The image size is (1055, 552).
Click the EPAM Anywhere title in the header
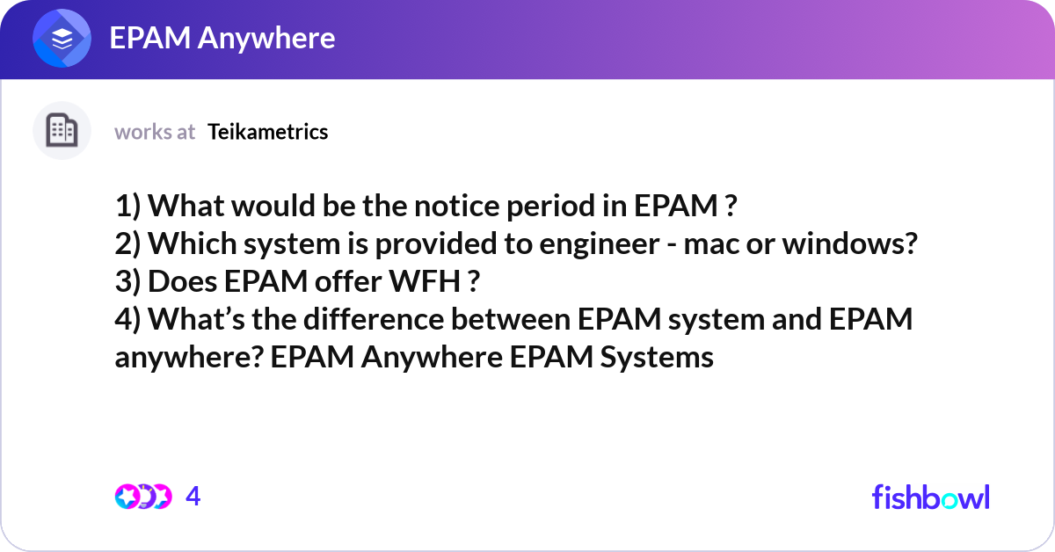point(222,39)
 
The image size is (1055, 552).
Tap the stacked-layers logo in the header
point(62,40)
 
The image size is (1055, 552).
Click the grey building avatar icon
point(62,131)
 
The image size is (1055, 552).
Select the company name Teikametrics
point(268,132)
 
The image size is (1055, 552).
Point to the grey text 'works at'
point(155,132)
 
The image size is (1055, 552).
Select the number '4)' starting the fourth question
point(128,320)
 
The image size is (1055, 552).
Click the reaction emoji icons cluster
point(142,497)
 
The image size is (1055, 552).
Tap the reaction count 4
point(193,497)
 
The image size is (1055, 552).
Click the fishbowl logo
point(930,497)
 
